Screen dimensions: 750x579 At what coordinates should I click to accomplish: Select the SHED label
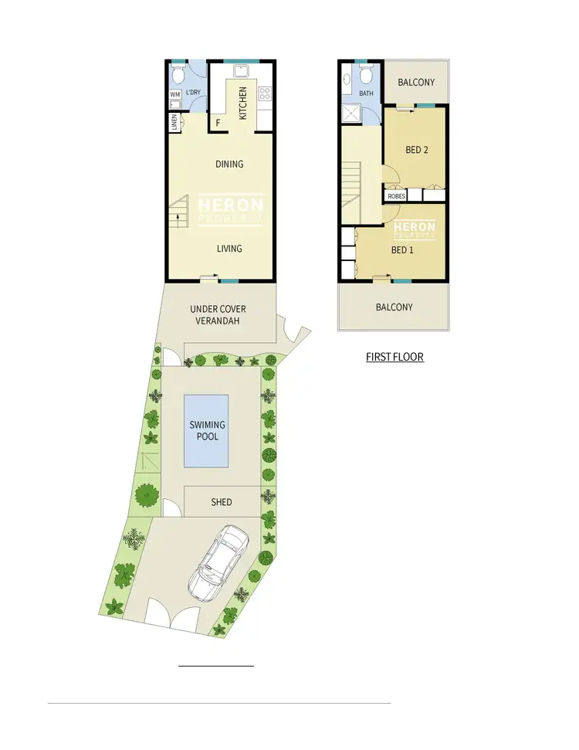(222, 502)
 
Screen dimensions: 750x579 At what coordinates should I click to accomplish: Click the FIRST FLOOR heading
(394, 358)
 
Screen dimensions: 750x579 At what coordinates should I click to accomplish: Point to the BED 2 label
(416, 150)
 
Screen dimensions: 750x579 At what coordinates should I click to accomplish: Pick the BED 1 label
(403, 250)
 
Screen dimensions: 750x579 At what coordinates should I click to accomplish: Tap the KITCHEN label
(242, 103)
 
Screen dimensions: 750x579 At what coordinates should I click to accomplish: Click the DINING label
(229, 164)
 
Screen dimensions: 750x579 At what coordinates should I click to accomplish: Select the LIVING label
(229, 249)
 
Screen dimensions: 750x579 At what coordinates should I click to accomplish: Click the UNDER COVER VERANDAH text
(218, 314)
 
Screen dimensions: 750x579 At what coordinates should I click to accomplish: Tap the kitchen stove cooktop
(265, 94)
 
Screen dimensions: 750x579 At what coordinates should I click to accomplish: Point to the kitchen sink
(240, 72)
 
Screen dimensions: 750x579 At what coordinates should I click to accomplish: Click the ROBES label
(396, 196)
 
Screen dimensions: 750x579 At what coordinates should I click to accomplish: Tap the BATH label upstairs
(366, 94)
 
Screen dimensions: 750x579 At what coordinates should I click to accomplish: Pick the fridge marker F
(218, 123)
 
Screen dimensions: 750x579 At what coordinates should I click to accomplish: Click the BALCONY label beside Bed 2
(416, 83)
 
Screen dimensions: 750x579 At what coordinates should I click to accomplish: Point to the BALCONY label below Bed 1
(394, 307)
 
